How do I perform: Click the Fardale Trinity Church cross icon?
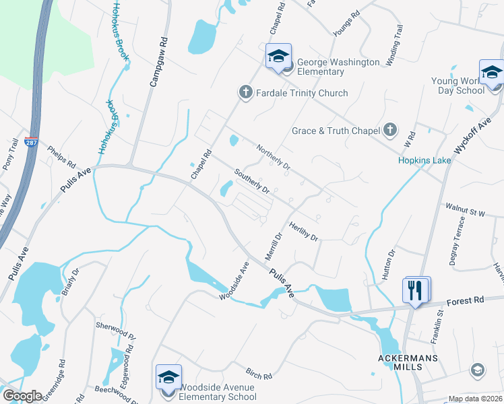click(246, 92)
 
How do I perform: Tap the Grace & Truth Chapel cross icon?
click(390, 130)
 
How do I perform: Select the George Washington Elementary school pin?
click(278, 57)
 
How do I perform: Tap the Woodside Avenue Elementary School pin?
click(168, 377)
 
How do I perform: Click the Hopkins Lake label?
click(424, 160)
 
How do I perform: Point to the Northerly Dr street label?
click(272, 156)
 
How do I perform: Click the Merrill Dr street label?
click(272, 248)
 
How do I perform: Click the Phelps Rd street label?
click(61, 156)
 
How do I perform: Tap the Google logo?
click(22, 396)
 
